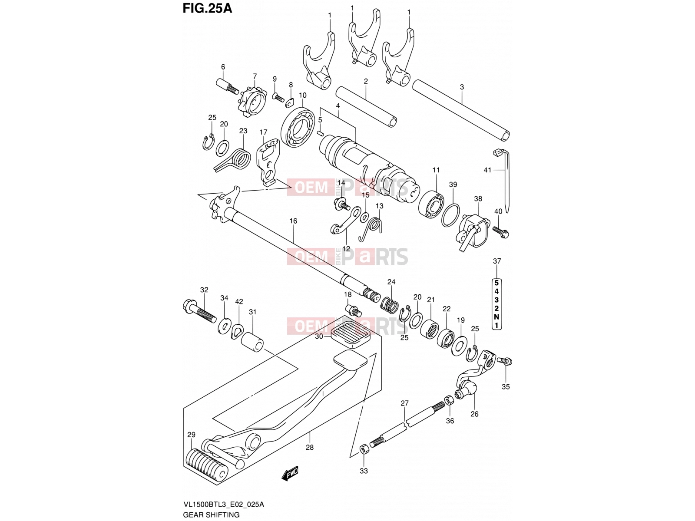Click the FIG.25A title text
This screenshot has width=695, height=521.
(207, 8)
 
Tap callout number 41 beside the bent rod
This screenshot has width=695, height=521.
(487, 170)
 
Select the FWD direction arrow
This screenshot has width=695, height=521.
(290, 473)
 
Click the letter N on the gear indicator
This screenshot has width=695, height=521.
(496, 317)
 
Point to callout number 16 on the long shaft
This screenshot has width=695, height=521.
(293, 221)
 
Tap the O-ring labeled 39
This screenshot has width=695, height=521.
(450, 215)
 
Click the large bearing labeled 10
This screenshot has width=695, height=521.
(298, 127)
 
